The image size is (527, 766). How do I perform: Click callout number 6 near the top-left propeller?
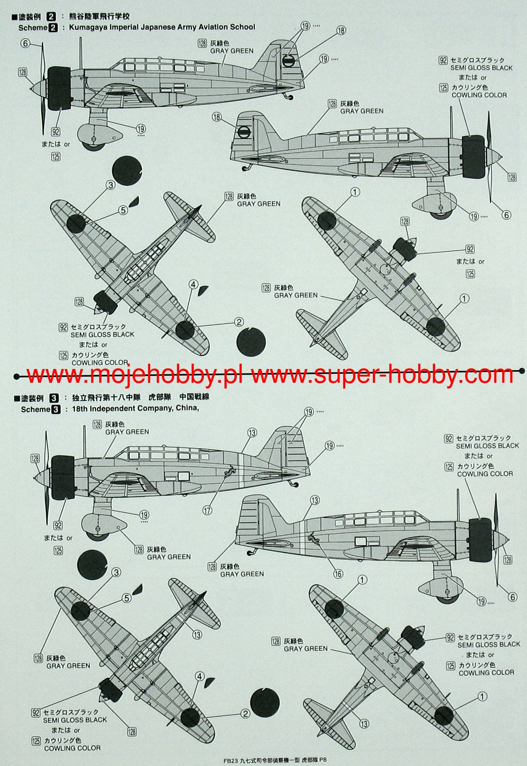[25, 43]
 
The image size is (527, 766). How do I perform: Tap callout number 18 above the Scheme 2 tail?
[341, 31]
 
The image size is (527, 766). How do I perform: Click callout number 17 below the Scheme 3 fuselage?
[208, 510]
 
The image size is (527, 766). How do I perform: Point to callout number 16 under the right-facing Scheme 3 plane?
[338, 574]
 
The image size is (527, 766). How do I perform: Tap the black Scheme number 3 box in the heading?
[56, 409]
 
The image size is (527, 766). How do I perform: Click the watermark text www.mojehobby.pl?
[133, 376]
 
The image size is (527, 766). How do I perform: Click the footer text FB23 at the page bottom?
[231, 761]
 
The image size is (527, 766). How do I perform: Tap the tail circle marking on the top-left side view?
[288, 62]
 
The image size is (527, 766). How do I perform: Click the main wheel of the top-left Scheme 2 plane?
[94, 143]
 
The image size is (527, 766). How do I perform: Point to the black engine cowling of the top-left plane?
[60, 88]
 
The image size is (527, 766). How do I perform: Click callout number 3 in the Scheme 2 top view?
[110, 185]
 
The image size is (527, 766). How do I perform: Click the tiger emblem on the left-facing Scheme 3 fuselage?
[230, 472]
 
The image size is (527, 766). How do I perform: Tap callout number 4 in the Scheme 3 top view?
[199, 677]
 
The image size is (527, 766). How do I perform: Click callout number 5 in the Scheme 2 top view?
[123, 210]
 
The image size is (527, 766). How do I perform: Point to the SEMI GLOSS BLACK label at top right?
[481, 68]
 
